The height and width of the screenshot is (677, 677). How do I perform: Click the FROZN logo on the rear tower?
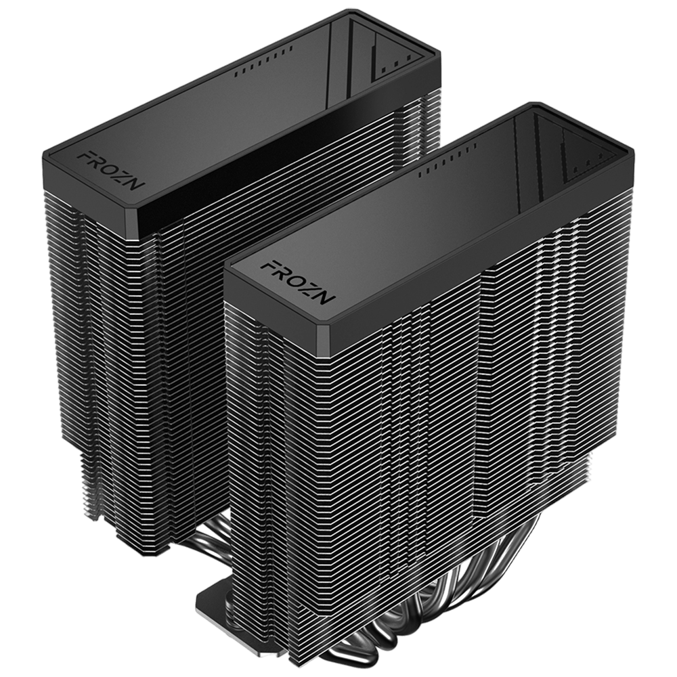coord(108,169)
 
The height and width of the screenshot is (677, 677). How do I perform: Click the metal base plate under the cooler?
coord(210,596)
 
